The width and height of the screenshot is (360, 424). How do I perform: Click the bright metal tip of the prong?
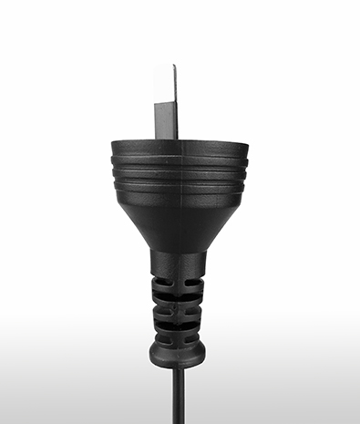pyautogui.click(x=166, y=82)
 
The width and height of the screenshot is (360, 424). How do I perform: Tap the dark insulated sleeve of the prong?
pyautogui.click(x=165, y=119)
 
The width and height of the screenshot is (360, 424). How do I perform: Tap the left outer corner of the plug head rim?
pyautogui.click(x=112, y=146)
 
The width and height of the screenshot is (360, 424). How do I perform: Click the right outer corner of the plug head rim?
pyautogui.click(x=246, y=146)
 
